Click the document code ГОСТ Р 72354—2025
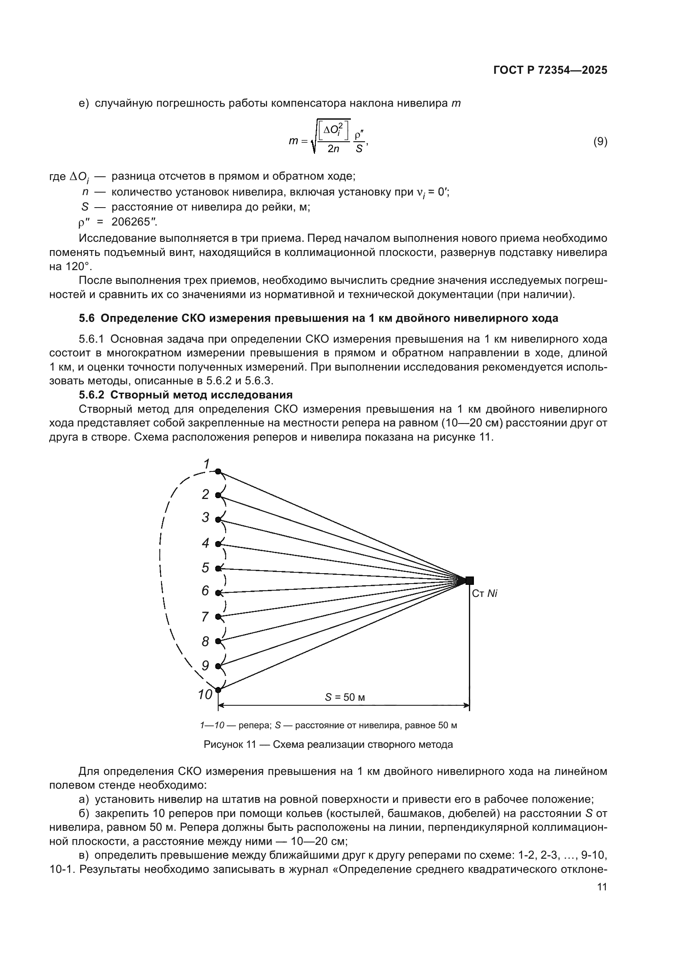pos(550,70)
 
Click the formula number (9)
pos(600,141)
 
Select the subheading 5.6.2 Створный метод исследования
pos(186,395)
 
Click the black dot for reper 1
pos(218,471)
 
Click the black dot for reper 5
pos(218,568)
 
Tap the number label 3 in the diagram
pos(206,518)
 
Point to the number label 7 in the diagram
pos(205,617)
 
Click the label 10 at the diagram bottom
pos(205,695)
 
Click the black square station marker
pos(469,581)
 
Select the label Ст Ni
pos(484,594)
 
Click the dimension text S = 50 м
pos(345,697)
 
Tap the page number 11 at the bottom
pos(602,887)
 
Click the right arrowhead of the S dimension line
pos(466,706)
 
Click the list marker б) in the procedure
pos(84,814)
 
